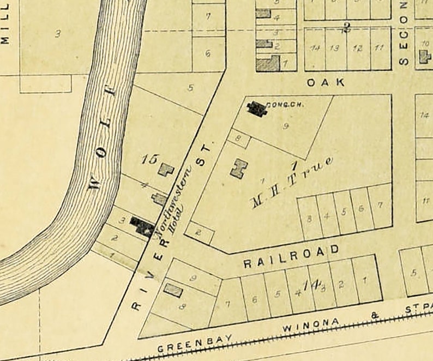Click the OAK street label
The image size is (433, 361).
pyautogui.click(x=326, y=82)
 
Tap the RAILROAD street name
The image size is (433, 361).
pyautogui.click(x=291, y=256)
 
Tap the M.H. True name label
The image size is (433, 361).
pyautogui.click(x=291, y=183)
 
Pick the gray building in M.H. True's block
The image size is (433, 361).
pyautogui.click(x=238, y=169)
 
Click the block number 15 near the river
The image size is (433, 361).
pyautogui.click(x=148, y=159)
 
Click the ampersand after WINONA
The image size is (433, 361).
pyautogui.click(x=374, y=316)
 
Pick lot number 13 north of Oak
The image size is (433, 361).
pyautogui.click(x=335, y=48)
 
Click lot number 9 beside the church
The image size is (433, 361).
pyautogui.click(x=285, y=127)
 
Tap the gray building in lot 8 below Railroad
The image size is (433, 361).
pyautogui.click(x=173, y=290)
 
